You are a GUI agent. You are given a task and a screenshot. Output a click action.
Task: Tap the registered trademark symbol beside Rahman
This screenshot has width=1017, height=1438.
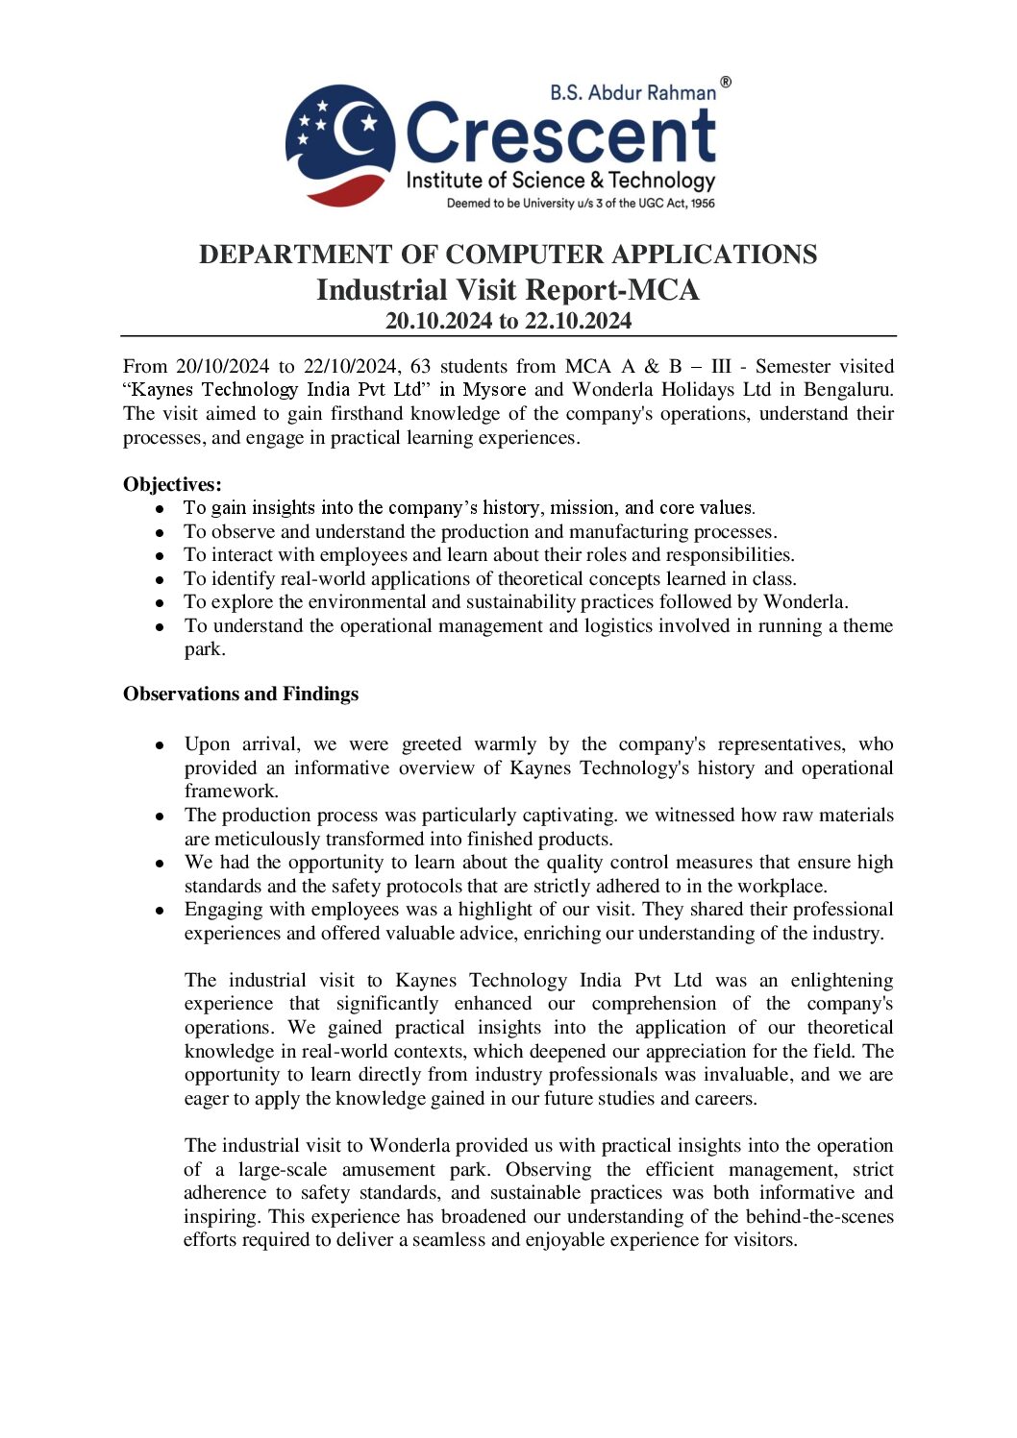pos(726,83)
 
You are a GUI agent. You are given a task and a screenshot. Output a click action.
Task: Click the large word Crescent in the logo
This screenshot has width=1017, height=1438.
pos(561,135)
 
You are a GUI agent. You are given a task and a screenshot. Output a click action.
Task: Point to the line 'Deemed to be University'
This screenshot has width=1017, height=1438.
pos(581,204)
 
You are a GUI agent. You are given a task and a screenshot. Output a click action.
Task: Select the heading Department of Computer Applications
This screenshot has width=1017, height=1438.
pos(508,255)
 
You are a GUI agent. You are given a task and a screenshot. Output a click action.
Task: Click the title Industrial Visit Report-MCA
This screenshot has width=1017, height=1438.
pos(508,290)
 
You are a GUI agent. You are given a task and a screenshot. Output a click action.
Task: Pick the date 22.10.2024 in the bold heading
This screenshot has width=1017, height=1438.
pos(578,321)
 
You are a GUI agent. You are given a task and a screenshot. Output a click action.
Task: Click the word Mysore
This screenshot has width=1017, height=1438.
pos(494,390)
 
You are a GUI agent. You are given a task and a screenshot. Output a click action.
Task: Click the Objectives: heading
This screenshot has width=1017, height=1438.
pos(172,484)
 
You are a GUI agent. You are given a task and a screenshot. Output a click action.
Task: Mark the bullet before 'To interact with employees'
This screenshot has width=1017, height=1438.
pos(161,555)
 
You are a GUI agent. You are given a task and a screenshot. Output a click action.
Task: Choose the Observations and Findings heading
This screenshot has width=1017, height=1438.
pos(240,694)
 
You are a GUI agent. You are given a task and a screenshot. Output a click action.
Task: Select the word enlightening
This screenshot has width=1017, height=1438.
pos(841,981)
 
